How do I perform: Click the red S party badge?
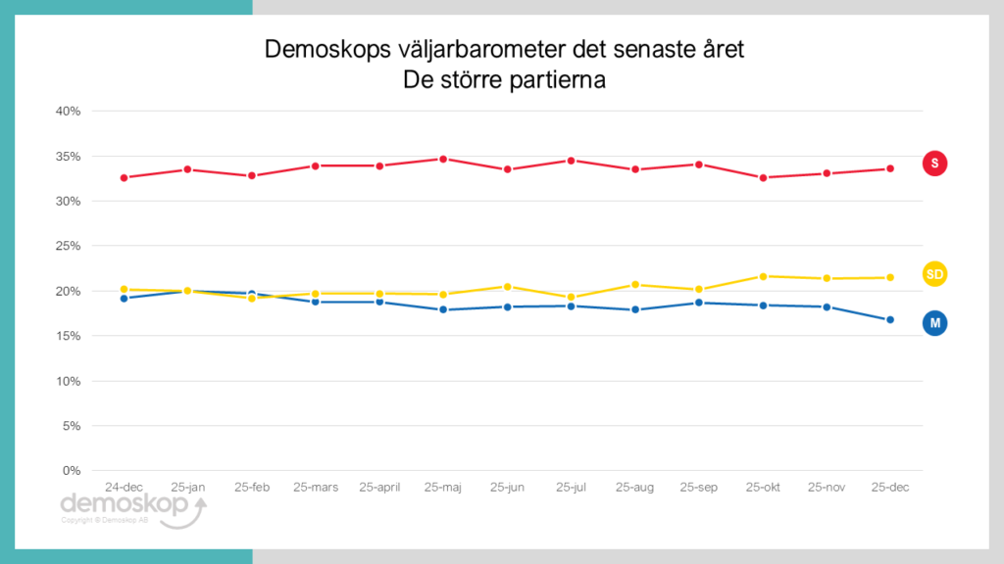[x=934, y=164]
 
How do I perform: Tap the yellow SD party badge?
[x=934, y=274]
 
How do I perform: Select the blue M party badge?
[x=934, y=323]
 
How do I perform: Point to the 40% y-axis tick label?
[x=68, y=111]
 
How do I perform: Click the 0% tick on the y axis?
[x=72, y=471]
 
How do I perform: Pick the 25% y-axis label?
[x=68, y=246]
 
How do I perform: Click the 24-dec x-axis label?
[x=124, y=487]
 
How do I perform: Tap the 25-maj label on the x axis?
[x=443, y=487]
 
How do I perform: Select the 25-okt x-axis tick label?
[x=763, y=487]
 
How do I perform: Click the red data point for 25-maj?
[x=443, y=159]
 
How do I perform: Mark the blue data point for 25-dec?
[x=890, y=319]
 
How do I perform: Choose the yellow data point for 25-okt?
[x=763, y=276]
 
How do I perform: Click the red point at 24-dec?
[x=124, y=177]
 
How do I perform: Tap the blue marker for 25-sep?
[x=699, y=303]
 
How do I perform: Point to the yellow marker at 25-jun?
[x=507, y=286]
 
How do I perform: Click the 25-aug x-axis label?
[x=634, y=487]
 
